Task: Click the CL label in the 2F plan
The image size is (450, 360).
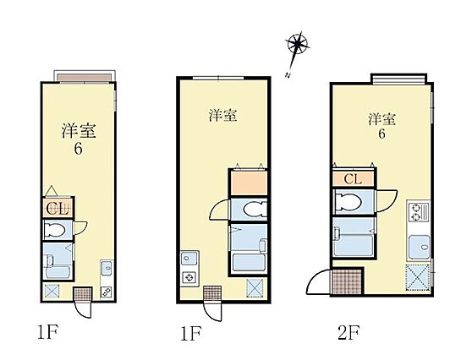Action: click(x=354, y=179)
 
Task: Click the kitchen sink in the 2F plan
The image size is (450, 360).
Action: click(x=418, y=248)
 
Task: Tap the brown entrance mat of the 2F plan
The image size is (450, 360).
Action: click(x=348, y=281)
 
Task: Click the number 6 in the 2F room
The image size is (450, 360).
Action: click(x=382, y=134)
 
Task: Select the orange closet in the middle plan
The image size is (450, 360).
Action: click(x=247, y=183)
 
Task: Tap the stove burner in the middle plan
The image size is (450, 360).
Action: click(x=189, y=276)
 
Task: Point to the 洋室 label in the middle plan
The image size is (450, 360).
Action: click(x=222, y=115)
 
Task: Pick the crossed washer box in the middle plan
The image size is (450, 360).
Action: click(x=254, y=289)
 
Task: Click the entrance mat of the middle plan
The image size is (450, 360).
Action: click(x=211, y=293)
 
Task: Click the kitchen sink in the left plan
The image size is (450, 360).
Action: click(x=107, y=269)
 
